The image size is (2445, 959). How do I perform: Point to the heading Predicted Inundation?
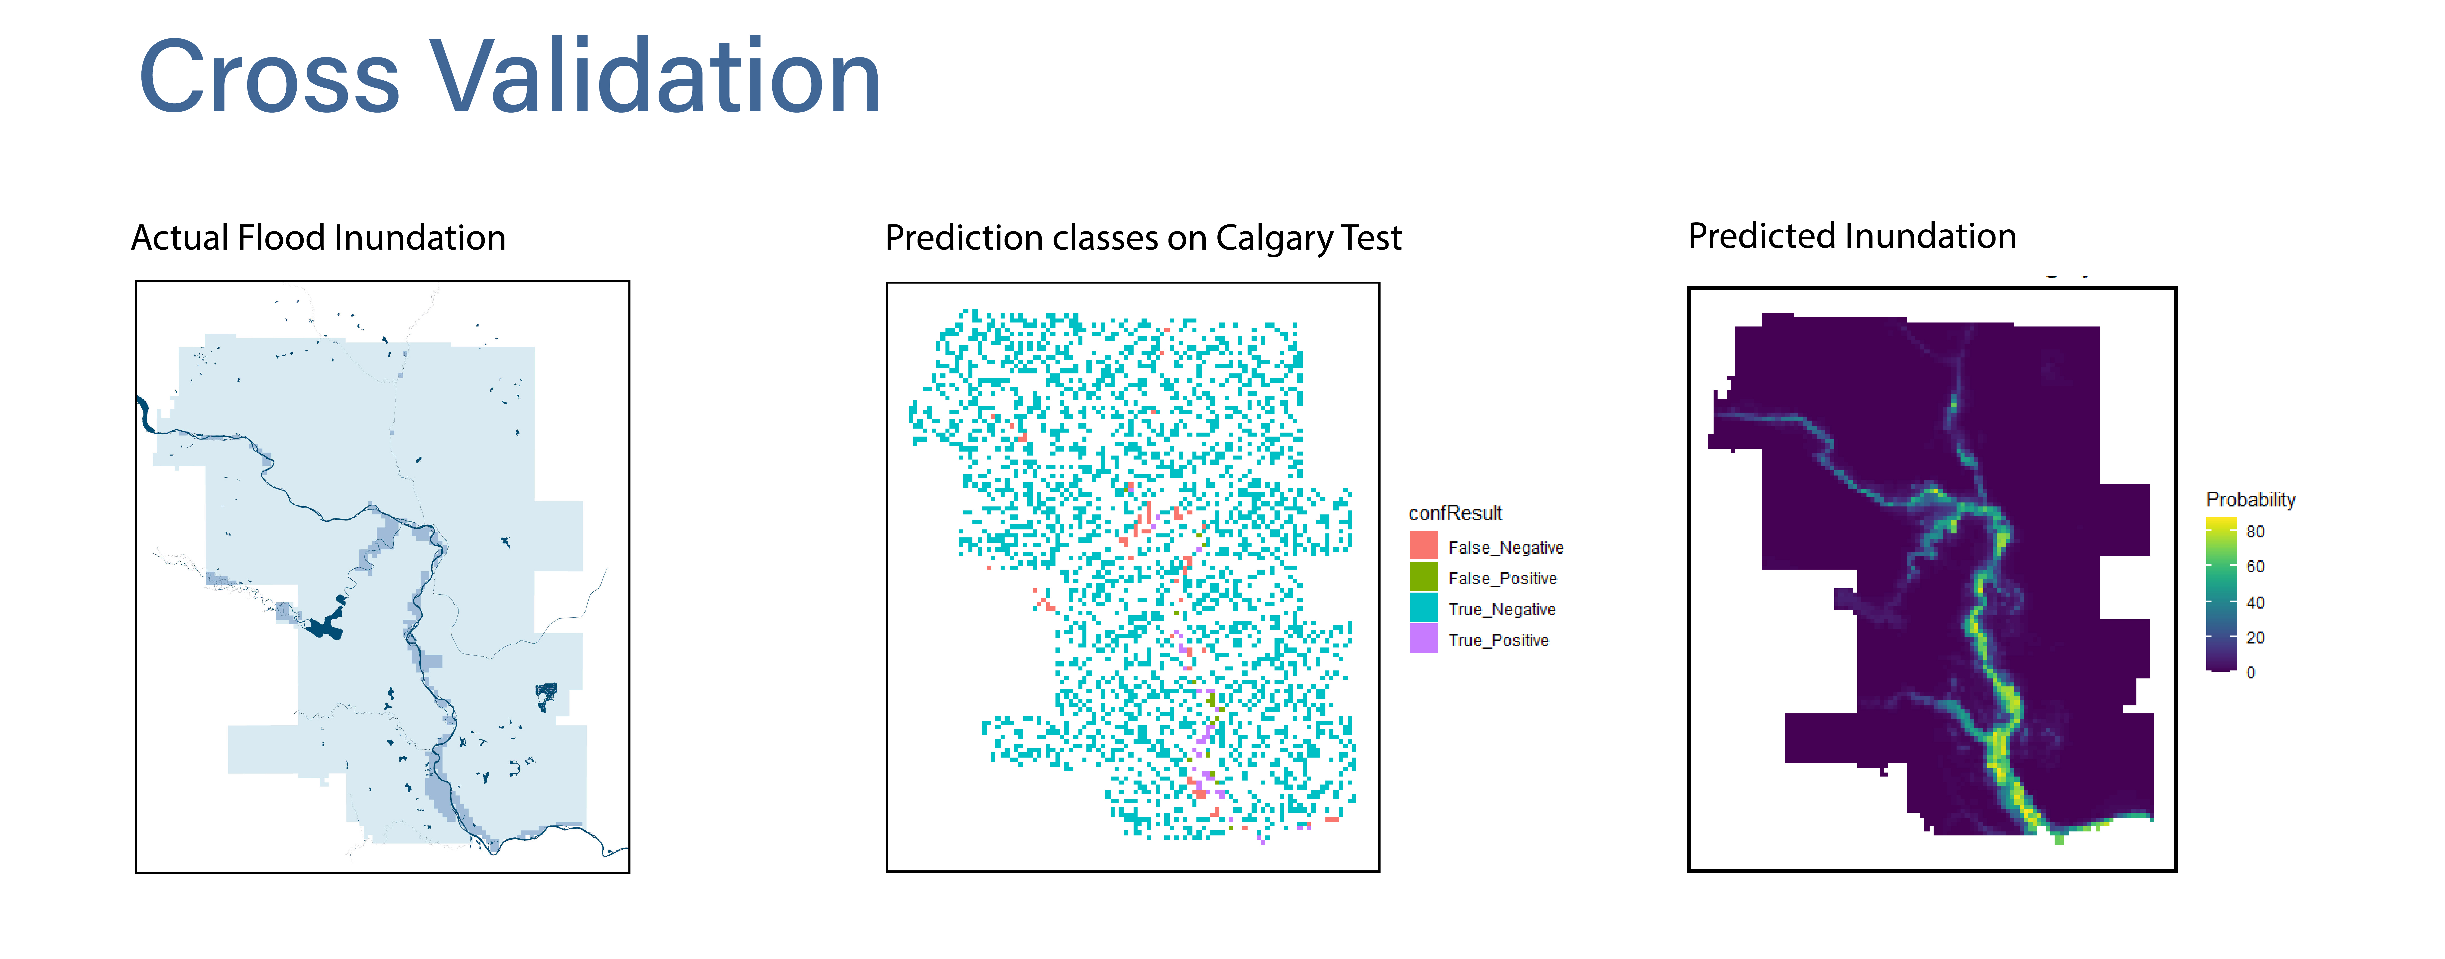1852,235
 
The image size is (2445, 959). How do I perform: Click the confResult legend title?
1455,513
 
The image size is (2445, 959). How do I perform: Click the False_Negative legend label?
1505,548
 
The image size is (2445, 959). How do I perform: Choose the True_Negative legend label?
1502,610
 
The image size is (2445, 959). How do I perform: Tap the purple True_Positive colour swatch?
1424,638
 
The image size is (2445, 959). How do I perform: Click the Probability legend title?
2250,499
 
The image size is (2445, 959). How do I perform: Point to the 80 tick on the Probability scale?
2255,532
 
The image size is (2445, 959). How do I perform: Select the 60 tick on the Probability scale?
2255,567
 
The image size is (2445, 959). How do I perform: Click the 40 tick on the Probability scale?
2255,603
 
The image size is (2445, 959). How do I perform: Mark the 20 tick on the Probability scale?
2255,638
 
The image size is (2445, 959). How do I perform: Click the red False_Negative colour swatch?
1424,545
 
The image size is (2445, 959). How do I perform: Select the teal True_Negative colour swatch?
1424,607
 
